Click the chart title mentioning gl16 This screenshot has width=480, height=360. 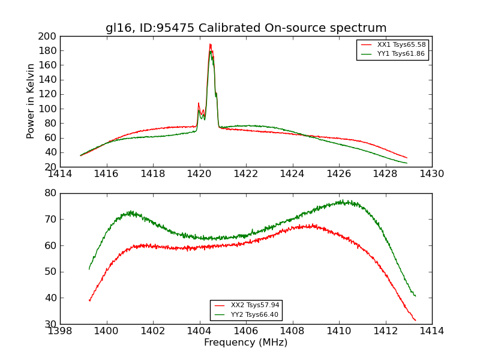(x=246, y=28)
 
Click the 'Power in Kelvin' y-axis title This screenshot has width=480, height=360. (x=31, y=101)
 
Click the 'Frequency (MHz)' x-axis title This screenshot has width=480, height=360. (x=246, y=343)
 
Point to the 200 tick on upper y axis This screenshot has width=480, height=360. (x=47, y=37)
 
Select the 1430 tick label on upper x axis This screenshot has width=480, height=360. (x=431, y=175)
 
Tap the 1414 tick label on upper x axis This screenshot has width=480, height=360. (x=60, y=175)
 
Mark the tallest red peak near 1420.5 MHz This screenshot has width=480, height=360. (x=210, y=44)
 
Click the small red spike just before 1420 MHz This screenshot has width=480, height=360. (x=199, y=103)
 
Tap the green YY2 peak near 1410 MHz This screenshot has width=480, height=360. (x=341, y=201)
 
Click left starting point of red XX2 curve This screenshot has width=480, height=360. (x=89, y=300)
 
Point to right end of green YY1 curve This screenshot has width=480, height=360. (x=407, y=163)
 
